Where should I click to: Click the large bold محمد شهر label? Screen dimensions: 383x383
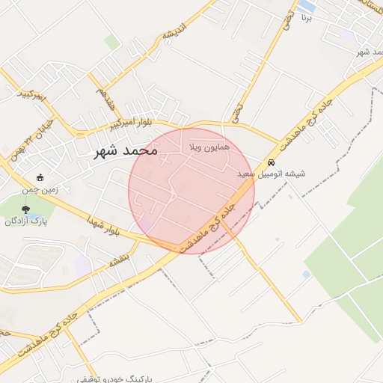126,150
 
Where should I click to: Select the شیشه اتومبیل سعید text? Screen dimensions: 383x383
271,174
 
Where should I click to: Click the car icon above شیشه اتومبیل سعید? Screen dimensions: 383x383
271,162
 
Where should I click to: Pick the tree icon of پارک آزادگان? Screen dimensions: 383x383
26,210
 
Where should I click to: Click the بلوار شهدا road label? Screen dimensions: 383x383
103,227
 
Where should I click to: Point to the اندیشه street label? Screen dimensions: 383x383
173,33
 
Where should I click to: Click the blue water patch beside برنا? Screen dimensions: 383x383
307,6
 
